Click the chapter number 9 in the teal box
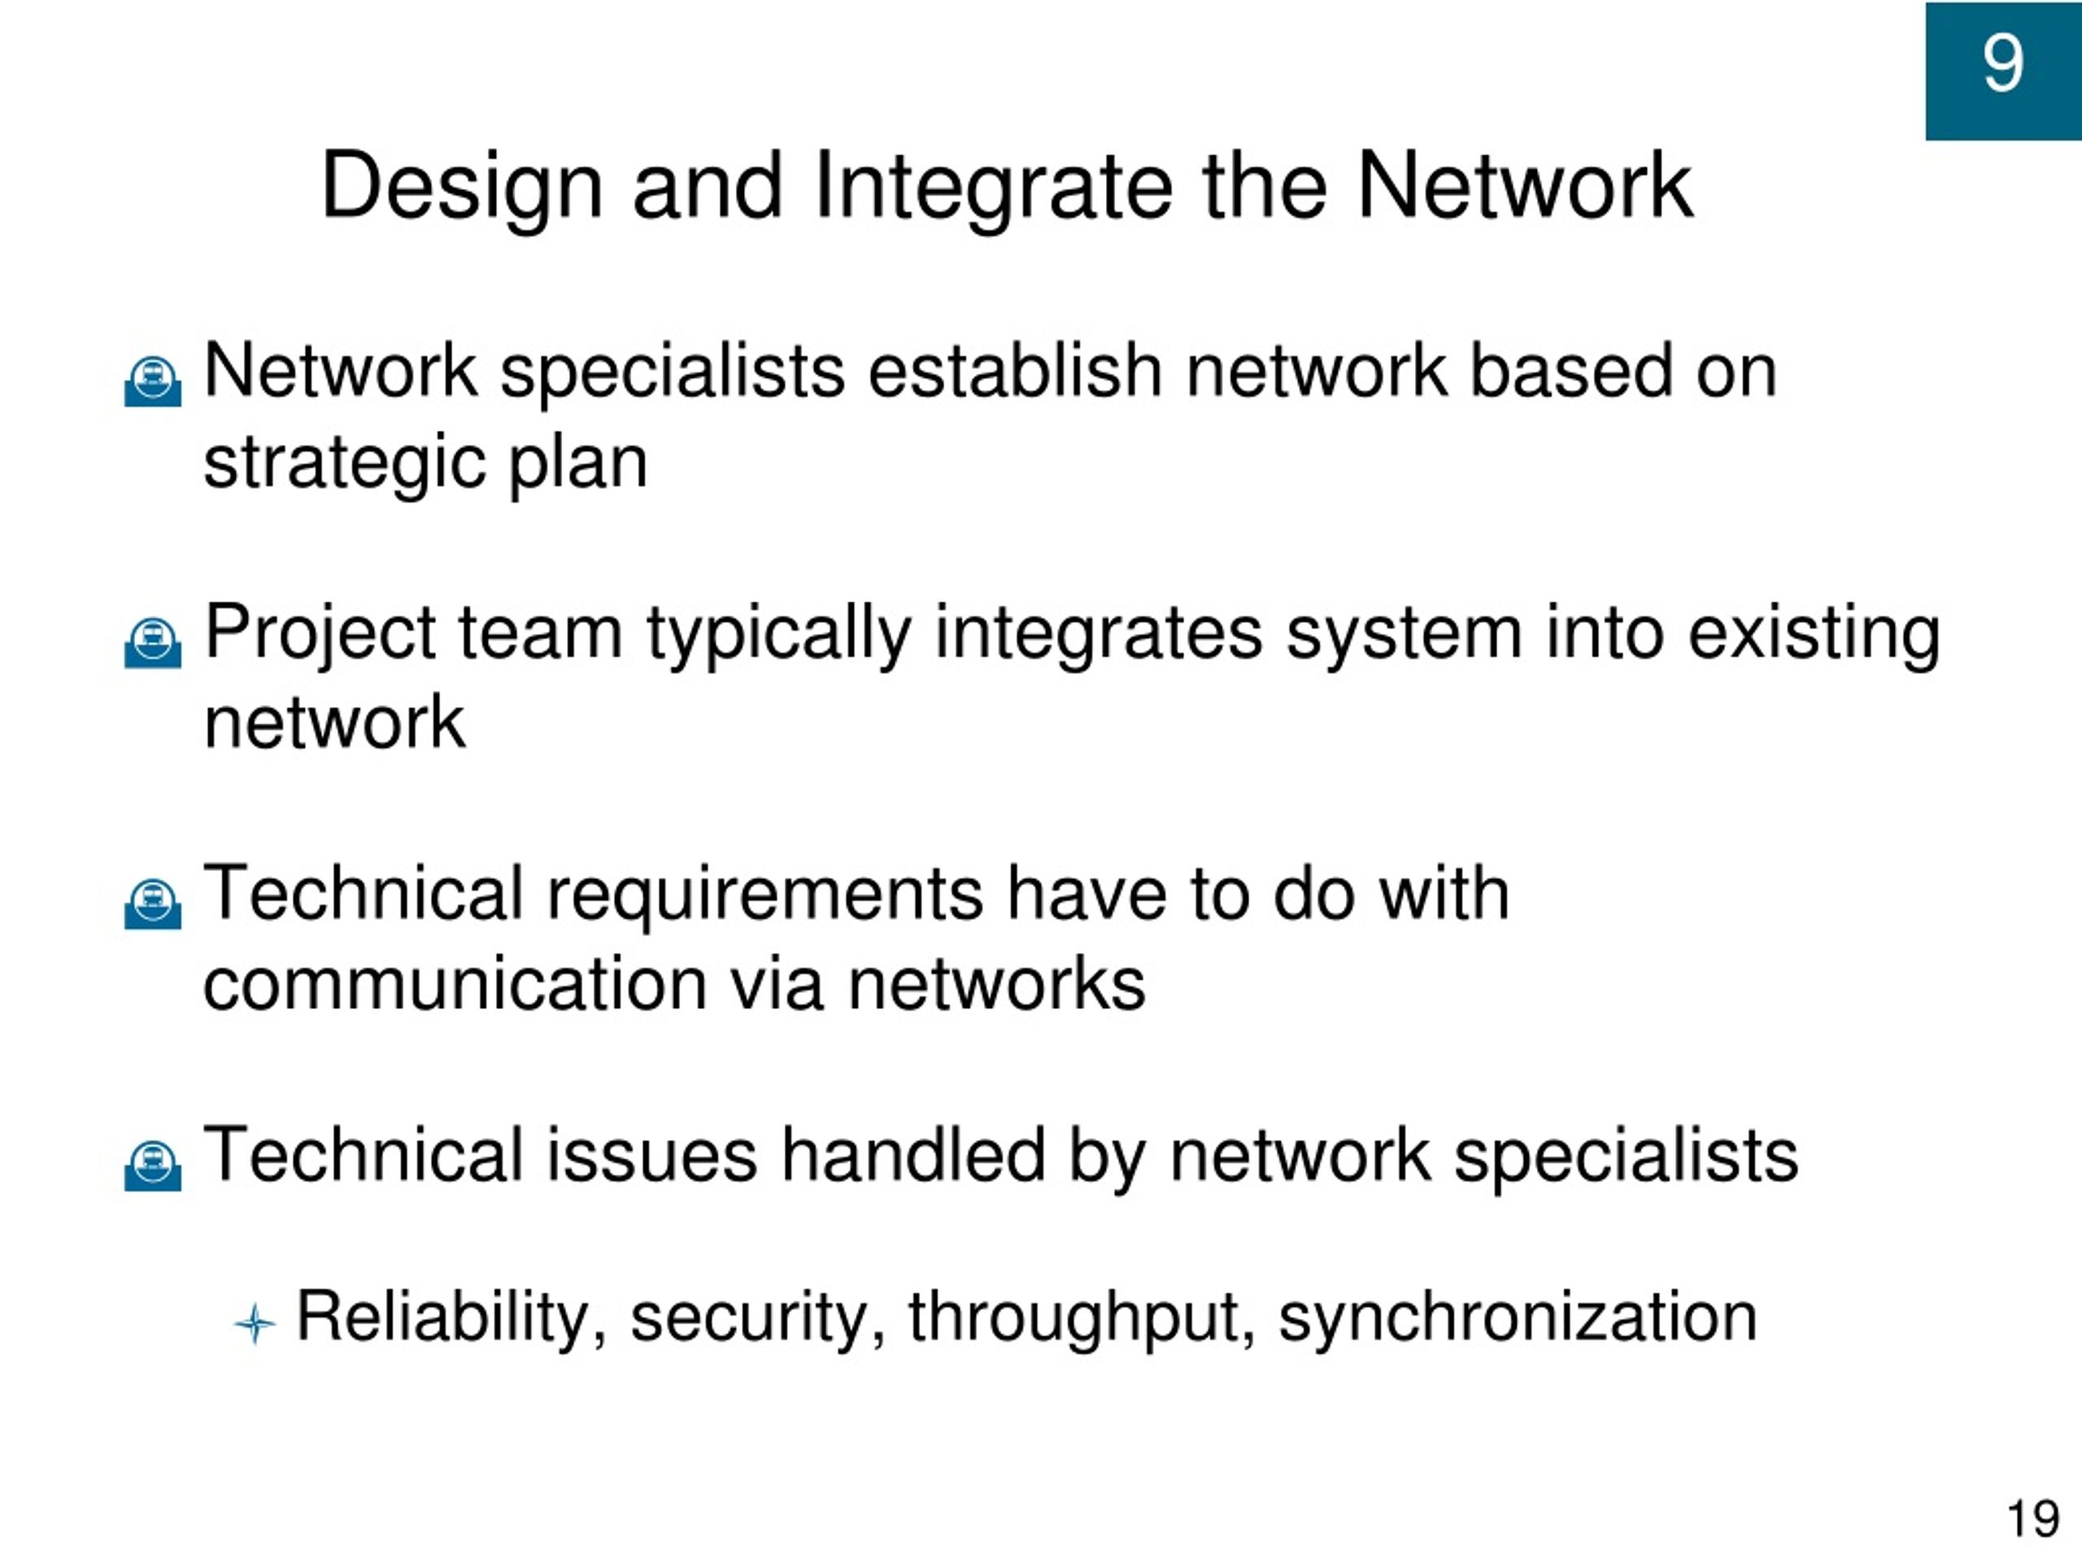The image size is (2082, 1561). [2003, 63]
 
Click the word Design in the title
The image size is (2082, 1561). [461, 188]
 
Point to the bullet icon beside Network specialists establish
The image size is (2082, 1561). [152, 381]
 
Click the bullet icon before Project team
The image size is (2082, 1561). [152, 642]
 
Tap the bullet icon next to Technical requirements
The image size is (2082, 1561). [152, 904]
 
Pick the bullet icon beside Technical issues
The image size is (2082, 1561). [152, 1166]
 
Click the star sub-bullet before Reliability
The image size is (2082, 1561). [254, 1324]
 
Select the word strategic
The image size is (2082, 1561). [345, 465]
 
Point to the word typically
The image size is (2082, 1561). [778, 635]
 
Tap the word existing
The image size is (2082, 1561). [1814, 635]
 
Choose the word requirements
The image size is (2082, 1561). [764, 896]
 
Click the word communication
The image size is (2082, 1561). [455, 985]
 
